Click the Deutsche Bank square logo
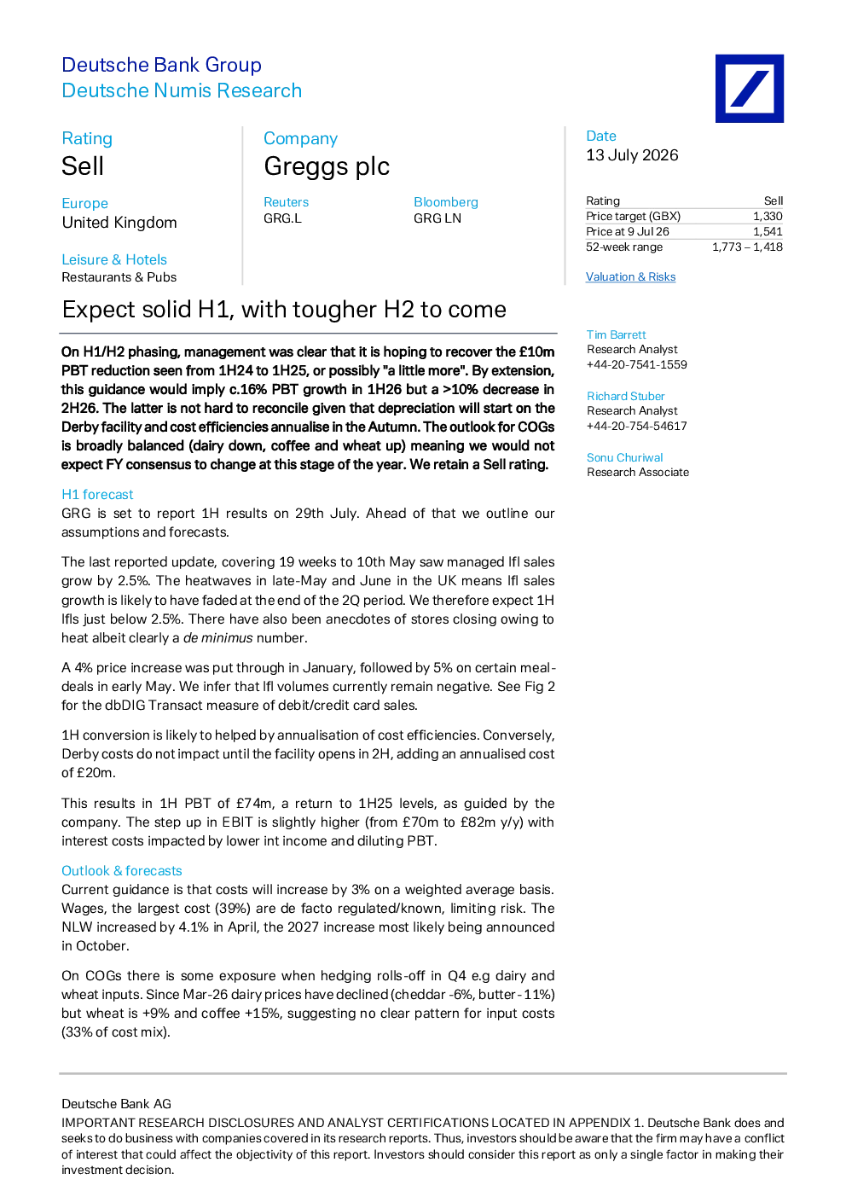[x=750, y=89]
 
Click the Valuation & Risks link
[x=630, y=276]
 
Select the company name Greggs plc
[x=327, y=166]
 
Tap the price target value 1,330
[x=768, y=217]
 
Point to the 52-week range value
[x=747, y=247]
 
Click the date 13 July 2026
[x=632, y=155]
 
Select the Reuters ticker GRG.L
[x=282, y=218]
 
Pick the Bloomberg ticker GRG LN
[x=437, y=218]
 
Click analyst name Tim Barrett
[x=617, y=334]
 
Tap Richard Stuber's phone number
[x=637, y=426]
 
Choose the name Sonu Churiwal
[x=624, y=457]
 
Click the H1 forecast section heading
[x=97, y=494]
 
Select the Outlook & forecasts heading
[x=122, y=870]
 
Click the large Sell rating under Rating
[x=83, y=166]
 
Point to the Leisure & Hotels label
[x=114, y=259]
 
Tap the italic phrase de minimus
[x=218, y=638]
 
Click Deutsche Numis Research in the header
[x=182, y=90]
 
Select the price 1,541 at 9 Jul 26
[x=768, y=232]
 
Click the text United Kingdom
[x=119, y=223]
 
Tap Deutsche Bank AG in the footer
[x=117, y=1103]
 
